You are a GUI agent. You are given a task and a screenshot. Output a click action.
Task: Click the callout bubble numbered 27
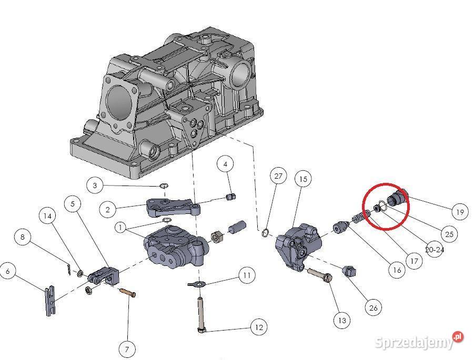[278, 176]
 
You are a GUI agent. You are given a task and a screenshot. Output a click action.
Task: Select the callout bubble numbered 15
[303, 179]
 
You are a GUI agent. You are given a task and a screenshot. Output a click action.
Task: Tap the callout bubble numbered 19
[460, 212]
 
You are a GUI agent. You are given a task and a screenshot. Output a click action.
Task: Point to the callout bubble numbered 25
[449, 234]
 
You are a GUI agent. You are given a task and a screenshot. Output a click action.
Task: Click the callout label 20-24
[434, 250]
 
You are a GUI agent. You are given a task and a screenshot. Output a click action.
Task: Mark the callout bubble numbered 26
[373, 307]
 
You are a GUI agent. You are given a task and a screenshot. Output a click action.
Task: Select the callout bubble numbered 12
[258, 327]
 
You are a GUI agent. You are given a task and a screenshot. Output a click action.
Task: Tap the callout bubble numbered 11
[246, 274]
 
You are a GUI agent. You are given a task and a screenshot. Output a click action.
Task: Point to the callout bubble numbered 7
[127, 348]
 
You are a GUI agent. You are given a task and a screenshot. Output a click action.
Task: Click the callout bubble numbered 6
[8, 271]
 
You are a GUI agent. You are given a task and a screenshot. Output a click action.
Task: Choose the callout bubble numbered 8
[22, 237]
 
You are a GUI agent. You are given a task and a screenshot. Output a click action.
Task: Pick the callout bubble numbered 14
[48, 215]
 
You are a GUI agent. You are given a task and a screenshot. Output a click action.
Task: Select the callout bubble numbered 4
[225, 164]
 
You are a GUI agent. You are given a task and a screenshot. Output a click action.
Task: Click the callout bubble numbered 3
[95, 186]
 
